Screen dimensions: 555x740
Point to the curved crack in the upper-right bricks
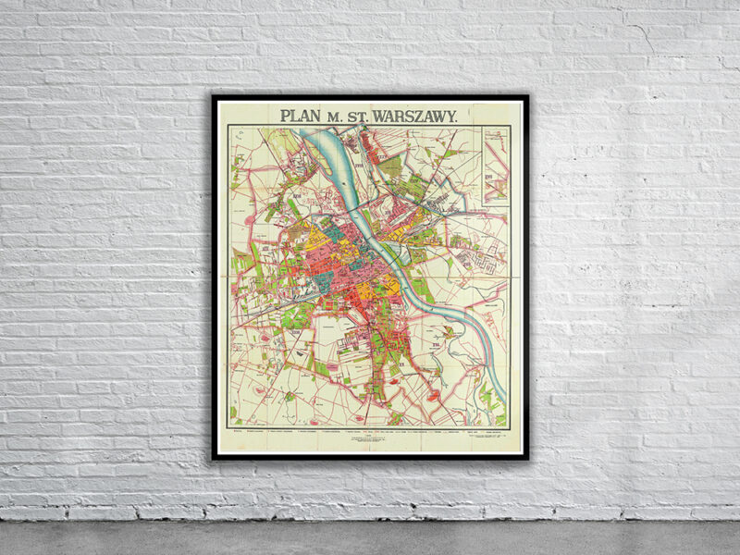(647, 37)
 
